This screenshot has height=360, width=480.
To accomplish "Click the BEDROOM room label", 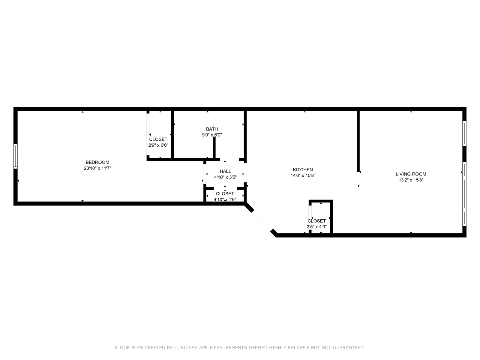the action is coord(97,162).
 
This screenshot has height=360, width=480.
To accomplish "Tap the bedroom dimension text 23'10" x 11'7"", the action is coord(97,168).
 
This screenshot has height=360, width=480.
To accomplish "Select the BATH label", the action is coord(212,129).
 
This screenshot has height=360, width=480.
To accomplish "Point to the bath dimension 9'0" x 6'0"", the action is coord(212,135).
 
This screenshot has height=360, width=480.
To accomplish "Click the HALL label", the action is coord(225,171).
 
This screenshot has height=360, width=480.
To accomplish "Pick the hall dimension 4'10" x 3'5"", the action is coord(225,177).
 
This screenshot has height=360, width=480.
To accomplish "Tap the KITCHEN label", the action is coord(303,169).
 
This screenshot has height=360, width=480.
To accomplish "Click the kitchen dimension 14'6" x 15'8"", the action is coord(303,175).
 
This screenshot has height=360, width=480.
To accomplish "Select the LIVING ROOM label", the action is coord(411,174).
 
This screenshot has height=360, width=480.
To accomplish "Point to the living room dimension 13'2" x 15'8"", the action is coord(411,180).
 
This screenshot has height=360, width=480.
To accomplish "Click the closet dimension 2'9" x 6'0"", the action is coord(158,145).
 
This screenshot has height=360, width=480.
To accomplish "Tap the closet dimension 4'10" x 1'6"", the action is coord(225,199).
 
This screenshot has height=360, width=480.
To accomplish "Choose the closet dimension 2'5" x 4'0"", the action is coord(316,227).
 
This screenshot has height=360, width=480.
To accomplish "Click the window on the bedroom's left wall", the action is coord(16,156).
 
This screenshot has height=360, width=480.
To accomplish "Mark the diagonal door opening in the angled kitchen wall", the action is coord(262,221).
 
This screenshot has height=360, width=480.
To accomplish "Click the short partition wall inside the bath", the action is coord(214,148).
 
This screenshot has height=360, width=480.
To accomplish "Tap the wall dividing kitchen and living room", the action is coord(358,141).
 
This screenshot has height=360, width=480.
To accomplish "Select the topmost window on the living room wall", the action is coord(464,133).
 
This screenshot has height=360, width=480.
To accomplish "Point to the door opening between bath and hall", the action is coord(229,160).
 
